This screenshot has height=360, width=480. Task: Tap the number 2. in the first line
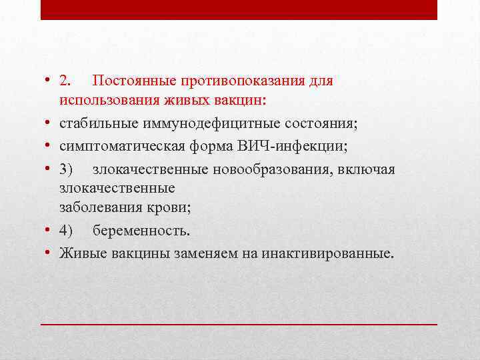[x=65, y=81]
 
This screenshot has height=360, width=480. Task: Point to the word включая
[x=369, y=169]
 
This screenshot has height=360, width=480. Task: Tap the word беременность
[x=141, y=231]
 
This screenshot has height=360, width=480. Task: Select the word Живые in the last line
[x=79, y=253]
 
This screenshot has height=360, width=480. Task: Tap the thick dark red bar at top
[x=239, y=9]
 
